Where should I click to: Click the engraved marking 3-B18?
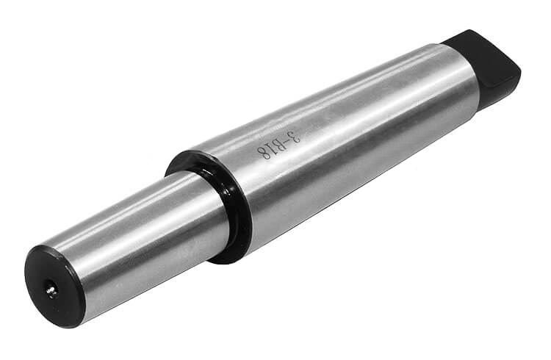pyautogui.click(x=279, y=145)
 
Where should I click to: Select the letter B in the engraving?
pyautogui.click(x=277, y=145)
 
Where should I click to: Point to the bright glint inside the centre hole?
pyautogui.click(x=52, y=289)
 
